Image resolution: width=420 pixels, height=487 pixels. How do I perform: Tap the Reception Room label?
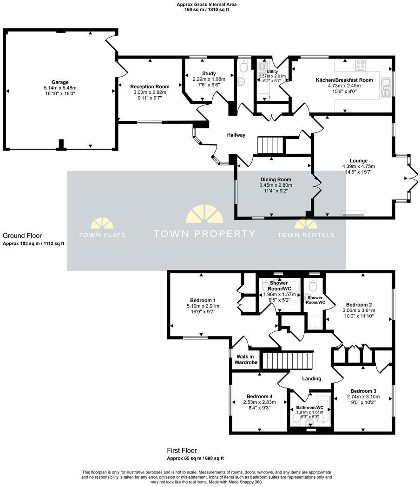pos(150,86)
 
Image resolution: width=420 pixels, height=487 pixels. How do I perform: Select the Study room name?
pos(209,73)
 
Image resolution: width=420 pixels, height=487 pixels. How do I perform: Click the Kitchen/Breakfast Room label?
pos(344,80)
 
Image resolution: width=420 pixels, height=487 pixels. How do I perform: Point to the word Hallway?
pos(236,135)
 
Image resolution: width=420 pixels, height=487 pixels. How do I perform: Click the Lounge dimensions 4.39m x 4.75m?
pos(358,166)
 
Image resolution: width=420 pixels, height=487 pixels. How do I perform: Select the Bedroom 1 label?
pos(203,300)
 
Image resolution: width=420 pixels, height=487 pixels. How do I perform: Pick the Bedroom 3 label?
pos(363,391)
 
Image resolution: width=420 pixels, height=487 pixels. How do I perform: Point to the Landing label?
pos(311,378)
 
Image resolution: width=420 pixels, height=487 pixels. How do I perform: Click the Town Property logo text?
pos(204,234)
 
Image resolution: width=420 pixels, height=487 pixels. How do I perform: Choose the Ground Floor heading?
pos(22,236)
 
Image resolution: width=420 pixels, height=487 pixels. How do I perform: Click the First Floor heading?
pos(182,450)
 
